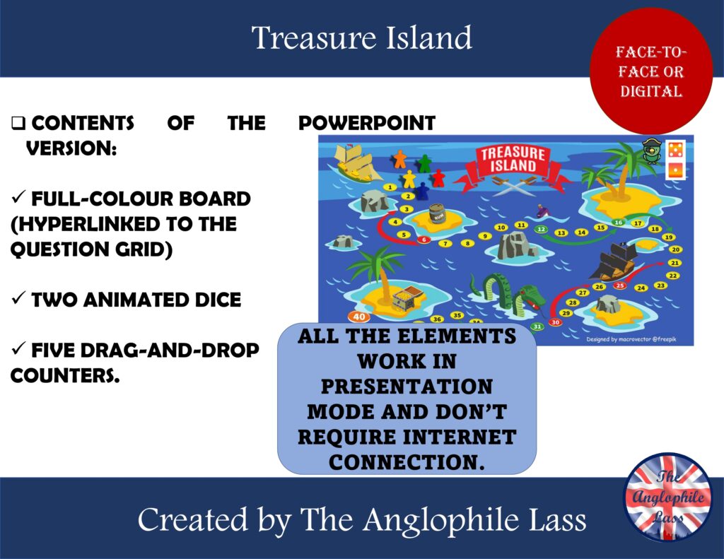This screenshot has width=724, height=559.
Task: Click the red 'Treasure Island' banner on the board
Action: pos(513,160)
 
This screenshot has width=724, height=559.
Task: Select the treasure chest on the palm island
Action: pos(407,298)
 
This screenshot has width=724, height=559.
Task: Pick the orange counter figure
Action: pos(400,157)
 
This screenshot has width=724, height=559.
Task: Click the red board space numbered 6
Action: pos(424,240)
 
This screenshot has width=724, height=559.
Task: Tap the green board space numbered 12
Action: pos(541,229)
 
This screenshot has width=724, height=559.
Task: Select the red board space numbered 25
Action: pos(620,286)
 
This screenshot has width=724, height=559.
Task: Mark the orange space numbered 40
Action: pos(359,317)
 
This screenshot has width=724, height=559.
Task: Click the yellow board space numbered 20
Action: pos(675,249)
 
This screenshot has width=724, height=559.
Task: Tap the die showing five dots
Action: pos(674,150)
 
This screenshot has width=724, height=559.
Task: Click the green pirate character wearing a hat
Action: pos(651,150)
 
